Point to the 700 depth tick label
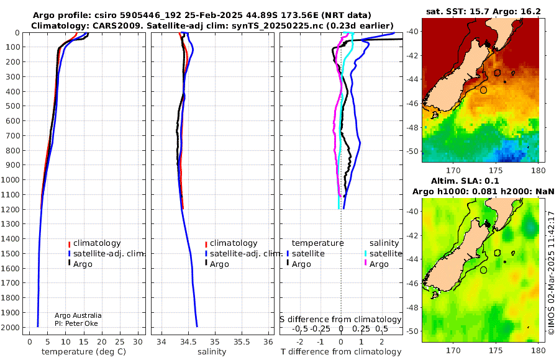pyautogui.click(x=10, y=136)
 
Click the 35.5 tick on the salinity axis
pyautogui.click(x=242, y=342)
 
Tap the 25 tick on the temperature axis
pyautogui.click(x=120, y=342)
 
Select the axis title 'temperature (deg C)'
pyautogui.click(x=84, y=352)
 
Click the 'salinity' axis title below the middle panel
pyautogui.click(x=212, y=352)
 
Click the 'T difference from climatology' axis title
pyautogui.click(x=341, y=352)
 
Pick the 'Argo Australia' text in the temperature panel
pyautogui.click(x=78, y=315)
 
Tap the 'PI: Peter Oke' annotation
pyautogui.click(x=76, y=323)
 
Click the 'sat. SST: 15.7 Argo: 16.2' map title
pyautogui.click(x=483, y=12)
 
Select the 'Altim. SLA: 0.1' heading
pyautogui.click(x=465, y=181)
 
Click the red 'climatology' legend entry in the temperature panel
pyautogui.click(x=94, y=243)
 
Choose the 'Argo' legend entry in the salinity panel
pyautogui.click(x=219, y=264)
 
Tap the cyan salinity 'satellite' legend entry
pyautogui.click(x=383, y=254)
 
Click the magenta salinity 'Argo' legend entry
pyautogui.click(x=376, y=264)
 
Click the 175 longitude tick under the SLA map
pyautogui.click(x=496, y=351)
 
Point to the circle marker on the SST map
pyautogui.click(x=483, y=90)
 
